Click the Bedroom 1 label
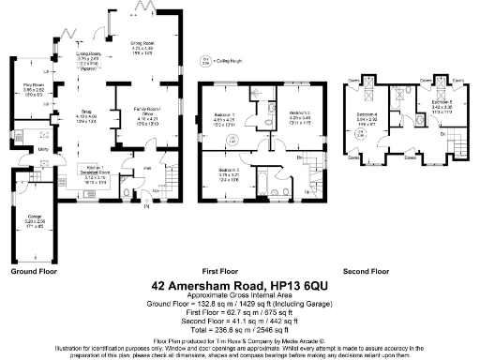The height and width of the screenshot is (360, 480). tap(223, 117)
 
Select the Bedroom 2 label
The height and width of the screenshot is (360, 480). tap(286, 115)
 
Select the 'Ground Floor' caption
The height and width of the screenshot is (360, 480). tap(35, 271)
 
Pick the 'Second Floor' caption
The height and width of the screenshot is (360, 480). tap(365, 271)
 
